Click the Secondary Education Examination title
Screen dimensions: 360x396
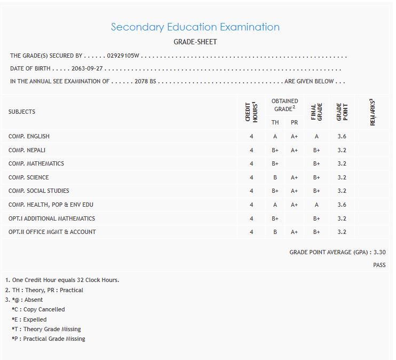click(195, 27)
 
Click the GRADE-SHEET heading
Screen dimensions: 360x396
click(195, 42)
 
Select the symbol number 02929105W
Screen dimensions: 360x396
click(123, 56)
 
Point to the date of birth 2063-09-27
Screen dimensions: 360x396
click(87, 68)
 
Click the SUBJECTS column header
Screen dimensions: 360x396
click(22, 112)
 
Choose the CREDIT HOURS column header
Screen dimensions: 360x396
click(251, 112)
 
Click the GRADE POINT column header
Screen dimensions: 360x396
click(342, 112)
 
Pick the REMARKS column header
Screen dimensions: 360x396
click(373, 112)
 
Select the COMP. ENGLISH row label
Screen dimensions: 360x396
click(29, 136)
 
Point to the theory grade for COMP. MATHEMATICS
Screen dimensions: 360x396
click(275, 163)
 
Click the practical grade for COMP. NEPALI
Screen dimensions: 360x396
click(294, 150)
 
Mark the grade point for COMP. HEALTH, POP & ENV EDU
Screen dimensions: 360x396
click(342, 205)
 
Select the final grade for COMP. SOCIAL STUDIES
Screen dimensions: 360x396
click(316, 191)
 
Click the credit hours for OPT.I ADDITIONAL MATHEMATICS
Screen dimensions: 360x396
click(251, 218)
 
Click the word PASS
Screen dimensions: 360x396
click(379, 265)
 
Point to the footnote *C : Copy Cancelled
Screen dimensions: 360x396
click(38, 309)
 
